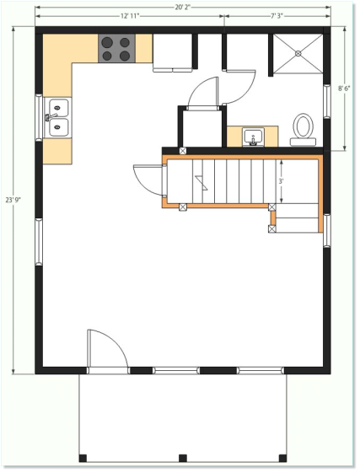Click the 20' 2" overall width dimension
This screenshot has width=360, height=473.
pyautogui.click(x=183, y=8)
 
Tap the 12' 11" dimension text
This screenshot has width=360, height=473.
pyautogui.click(x=130, y=16)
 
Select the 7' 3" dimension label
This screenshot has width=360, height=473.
pyautogui.click(x=277, y=16)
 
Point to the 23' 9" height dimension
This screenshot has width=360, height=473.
pyautogui.click(x=13, y=200)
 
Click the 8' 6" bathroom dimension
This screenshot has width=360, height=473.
pyautogui.click(x=344, y=89)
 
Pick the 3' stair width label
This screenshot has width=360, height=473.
pyautogui.click(x=281, y=181)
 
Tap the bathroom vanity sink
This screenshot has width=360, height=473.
pyautogui.click(x=253, y=137)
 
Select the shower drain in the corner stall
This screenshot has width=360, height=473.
pyautogui.click(x=298, y=53)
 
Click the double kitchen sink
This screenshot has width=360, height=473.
pyautogui.click(x=58, y=118)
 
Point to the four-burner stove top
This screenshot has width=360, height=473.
pyautogui.click(x=116, y=49)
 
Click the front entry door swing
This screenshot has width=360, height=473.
pyautogui.click(x=107, y=348)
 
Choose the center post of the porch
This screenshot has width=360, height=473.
pyautogui.click(x=183, y=458)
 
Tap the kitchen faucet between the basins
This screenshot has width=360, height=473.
pyautogui.click(x=50, y=117)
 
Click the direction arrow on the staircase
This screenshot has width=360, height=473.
pyautogui.click(x=201, y=183)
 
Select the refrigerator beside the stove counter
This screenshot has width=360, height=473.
pyautogui.click(x=172, y=53)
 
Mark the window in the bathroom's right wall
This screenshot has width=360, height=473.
pyautogui.click(x=327, y=101)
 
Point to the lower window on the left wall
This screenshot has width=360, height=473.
pyautogui.click(x=39, y=242)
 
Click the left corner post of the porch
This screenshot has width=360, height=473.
pyautogui.click(x=83, y=458)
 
